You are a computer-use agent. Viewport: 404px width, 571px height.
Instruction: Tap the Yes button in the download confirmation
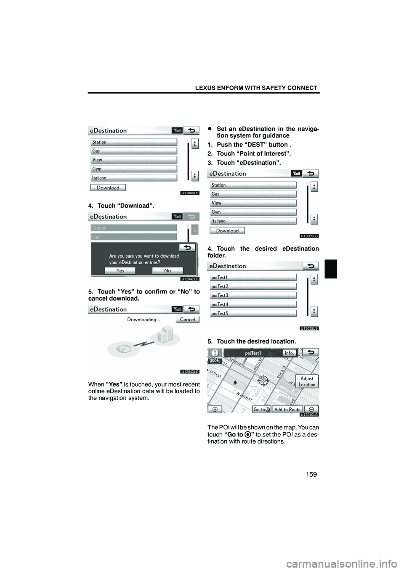[x=120, y=270]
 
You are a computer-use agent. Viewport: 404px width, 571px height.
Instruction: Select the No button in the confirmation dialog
[x=167, y=270]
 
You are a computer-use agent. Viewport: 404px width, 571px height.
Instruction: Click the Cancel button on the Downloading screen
[x=187, y=320]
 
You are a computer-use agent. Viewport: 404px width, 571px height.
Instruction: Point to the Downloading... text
[x=144, y=320]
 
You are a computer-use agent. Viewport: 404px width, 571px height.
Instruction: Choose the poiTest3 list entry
[x=253, y=296]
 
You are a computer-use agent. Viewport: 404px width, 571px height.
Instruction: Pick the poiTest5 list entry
[x=253, y=313]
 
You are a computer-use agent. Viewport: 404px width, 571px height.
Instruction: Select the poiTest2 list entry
[x=253, y=286]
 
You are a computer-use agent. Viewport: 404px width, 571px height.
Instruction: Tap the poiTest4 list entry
[x=253, y=304]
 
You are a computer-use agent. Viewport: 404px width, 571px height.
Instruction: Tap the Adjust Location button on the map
[x=307, y=381]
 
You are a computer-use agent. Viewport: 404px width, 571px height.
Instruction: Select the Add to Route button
[x=287, y=410]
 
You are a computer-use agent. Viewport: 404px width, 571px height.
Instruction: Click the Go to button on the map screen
[x=261, y=410]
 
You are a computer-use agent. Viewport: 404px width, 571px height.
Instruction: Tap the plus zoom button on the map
[x=215, y=409]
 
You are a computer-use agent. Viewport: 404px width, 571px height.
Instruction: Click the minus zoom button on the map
[x=311, y=409]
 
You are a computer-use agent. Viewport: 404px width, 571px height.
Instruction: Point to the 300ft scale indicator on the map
[x=215, y=361]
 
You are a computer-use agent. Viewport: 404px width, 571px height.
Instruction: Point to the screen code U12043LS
[x=190, y=371]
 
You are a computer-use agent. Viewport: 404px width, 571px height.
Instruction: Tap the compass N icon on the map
[x=215, y=352]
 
